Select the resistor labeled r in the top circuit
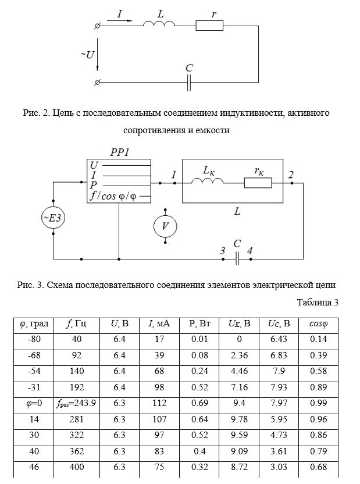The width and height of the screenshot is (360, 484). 209,26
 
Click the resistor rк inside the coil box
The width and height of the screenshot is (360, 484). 258,183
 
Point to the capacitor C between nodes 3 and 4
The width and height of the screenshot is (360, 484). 237,259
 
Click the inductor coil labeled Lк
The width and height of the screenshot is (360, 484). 207,181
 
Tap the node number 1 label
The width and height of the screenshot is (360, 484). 174,175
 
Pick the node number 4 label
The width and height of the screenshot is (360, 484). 249,250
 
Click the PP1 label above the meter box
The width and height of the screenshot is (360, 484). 120,152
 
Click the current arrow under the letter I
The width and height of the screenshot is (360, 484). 120,21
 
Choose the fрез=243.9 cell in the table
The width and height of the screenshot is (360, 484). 77,403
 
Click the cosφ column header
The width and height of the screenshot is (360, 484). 318,324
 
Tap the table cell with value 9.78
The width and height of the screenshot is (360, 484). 239,419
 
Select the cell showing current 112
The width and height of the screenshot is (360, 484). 159,403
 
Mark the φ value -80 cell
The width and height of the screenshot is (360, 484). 34,339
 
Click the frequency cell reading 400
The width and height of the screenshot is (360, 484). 77,467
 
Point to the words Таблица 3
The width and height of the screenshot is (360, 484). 318,302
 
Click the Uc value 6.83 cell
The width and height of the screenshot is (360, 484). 279,355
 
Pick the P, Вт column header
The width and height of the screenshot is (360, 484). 199,324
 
